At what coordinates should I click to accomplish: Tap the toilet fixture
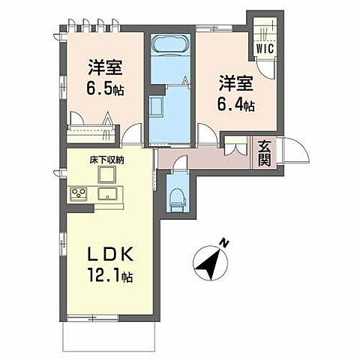point(177,196)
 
